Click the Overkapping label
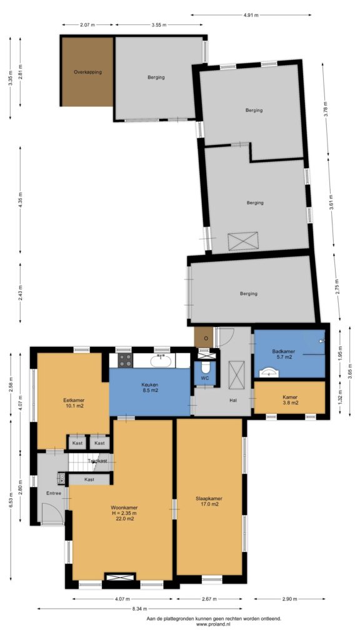(x=87, y=72)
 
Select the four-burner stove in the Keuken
(x=125, y=361)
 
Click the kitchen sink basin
(x=162, y=361)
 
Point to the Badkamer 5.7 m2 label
(x=283, y=354)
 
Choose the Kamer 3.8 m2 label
(x=290, y=399)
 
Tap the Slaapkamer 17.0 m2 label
(x=209, y=501)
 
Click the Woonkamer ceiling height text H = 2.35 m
(x=124, y=513)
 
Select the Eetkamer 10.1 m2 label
(x=74, y=403)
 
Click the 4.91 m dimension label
(x=251, y=15)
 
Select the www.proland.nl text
(x=214, y=624)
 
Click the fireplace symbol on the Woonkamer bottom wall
(x=119, y=577)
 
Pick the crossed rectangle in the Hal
(x=236, y=375)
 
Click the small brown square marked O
(x=204, y=337)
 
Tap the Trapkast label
(x=97, y=461)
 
